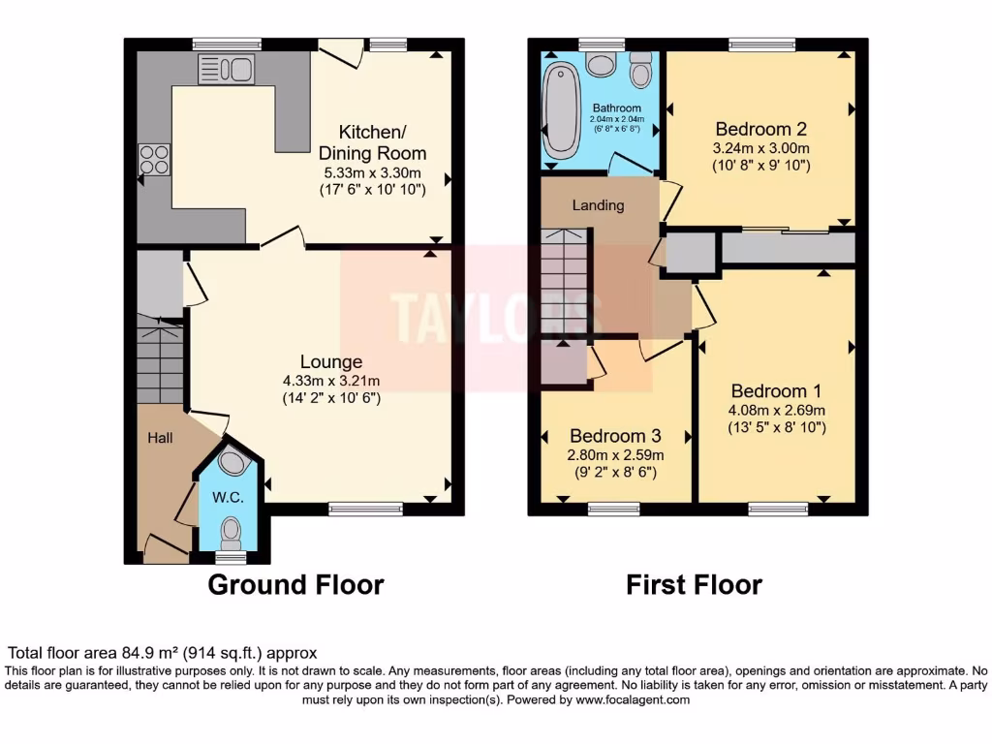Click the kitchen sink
pyautogui.click(x=226, y=69)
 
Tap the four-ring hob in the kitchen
pyautogui.click(x=154, y=159)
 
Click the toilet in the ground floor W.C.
pyautogui.click(x=231, y=532)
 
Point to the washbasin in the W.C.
pyautogui.click(x=232, y=462)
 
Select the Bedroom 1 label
pyautogui.click(x=776, y=391)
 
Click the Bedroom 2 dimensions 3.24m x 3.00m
pyautogui.click(x=760, y=148)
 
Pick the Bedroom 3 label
pyautogui.click(x=615, y=436)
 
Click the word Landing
pyautogui.click(x=598, y=205)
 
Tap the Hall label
pyautogui.click(x=160, y=439)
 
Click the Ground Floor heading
pyautogui.click(x=295, y=585)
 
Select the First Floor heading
pyautogui.click(x=694, y=585)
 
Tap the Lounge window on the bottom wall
pyautogui.click(x=365, y=509)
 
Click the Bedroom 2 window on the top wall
pyautogui.click(x=761, y=44)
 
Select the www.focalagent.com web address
pyautogui.click(x=633, y=699)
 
